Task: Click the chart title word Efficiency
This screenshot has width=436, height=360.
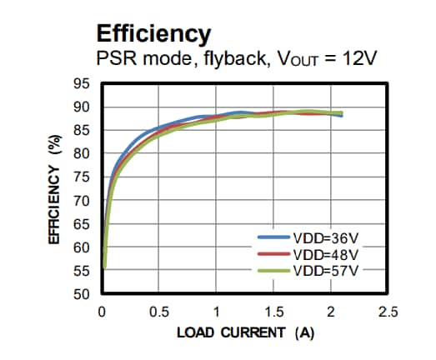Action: tap(153, 34)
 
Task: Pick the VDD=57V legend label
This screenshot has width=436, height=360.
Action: tap(328, 271)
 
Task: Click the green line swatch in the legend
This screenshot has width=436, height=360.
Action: tap(273, 271)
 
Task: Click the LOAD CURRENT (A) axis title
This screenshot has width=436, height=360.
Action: tap(244, 333)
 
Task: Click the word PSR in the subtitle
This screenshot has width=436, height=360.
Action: tap(115, 61)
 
